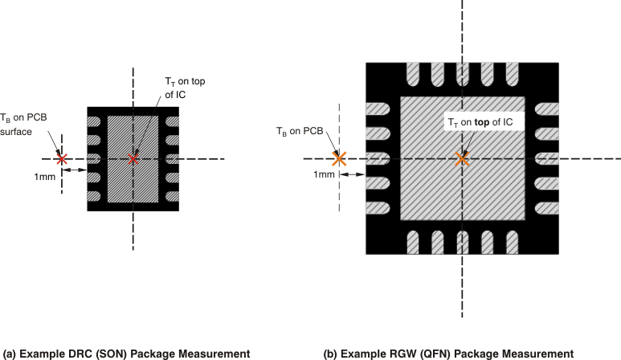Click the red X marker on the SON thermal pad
tap(133, 158)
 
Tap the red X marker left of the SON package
tap(61, 158)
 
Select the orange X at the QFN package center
tap(461, 158)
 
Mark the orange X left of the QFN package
tap(339, 158)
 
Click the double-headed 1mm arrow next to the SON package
tap(74, 170)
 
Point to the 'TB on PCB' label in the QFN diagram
tap(300, 131)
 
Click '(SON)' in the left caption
tap(117, 353)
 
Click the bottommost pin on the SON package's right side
tap(171, 196)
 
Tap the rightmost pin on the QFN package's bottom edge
tap(511, 241)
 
